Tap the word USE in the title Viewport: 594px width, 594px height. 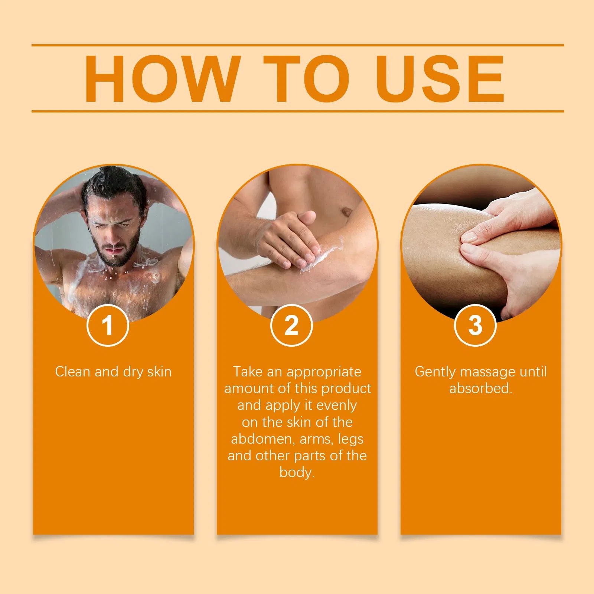pyautogui.click(x=442, y=79)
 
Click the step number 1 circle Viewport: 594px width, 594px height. pyautogui.click(x=108, y=326)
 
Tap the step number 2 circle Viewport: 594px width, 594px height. pyautogui.click(x=291, y=326)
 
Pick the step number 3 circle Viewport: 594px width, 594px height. pyautogui.click(x=475, y=326)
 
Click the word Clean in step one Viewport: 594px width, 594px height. pyautogui.click(x=73, y=372)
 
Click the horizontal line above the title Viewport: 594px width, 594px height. pyautogui.click(x=298, y=45)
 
